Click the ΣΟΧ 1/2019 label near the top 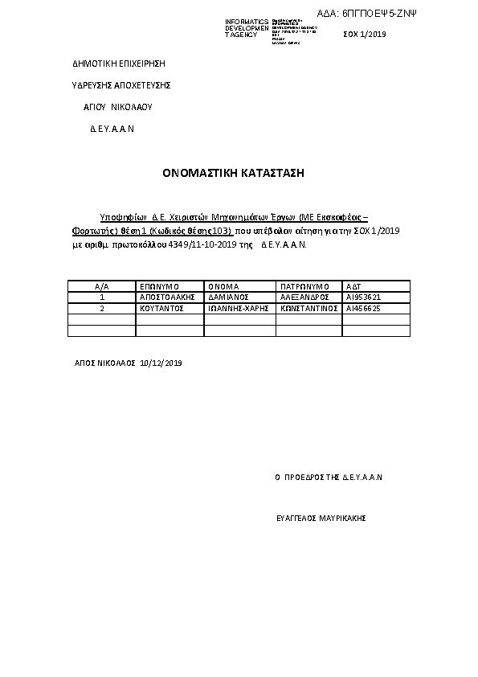pos(365,35)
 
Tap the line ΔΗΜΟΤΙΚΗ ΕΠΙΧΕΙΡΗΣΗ pos(118,63)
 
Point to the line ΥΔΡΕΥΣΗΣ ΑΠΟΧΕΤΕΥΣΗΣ pos(121,84)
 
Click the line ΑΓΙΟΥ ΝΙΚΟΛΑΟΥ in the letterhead pos(118,106)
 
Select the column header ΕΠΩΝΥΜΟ pos(158,286)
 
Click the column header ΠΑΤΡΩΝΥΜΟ pos(304,286)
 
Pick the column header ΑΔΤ pos(353,286)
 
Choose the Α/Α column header pos(101,286)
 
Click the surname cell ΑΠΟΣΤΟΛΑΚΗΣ pos(168,297)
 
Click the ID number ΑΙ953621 pos(363,297)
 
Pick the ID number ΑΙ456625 pos(363,308)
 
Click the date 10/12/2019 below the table pos(161,363)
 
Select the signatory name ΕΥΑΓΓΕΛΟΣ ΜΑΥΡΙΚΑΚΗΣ pos(321,519)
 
